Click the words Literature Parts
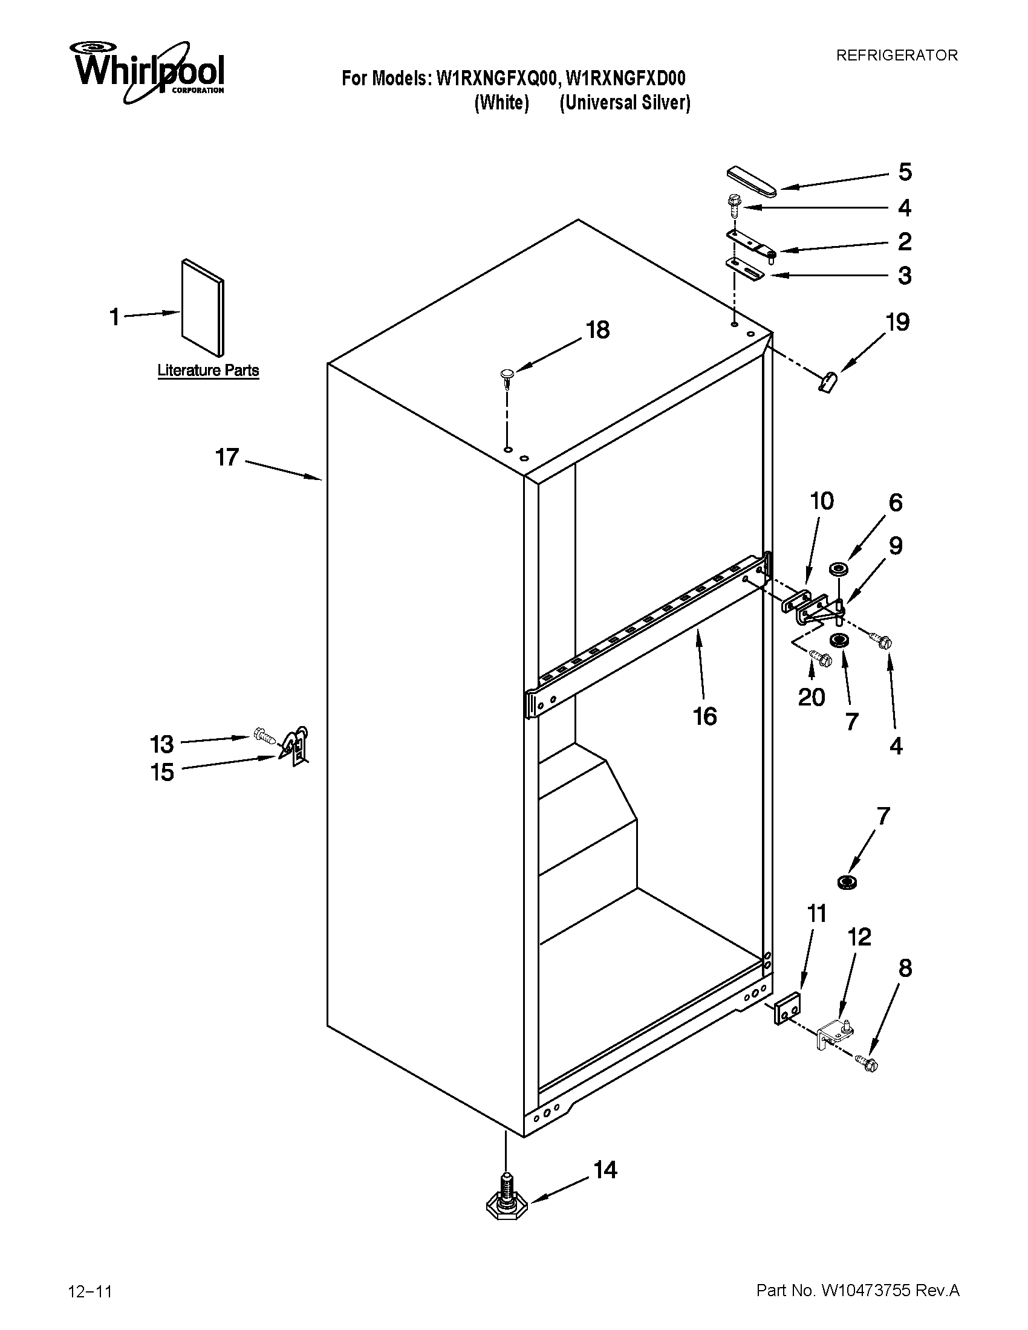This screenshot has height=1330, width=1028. click(x=208, y=370)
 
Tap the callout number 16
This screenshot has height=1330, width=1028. click(x=704, y=716)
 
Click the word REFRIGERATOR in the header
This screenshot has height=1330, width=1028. click(x=896, y=56)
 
